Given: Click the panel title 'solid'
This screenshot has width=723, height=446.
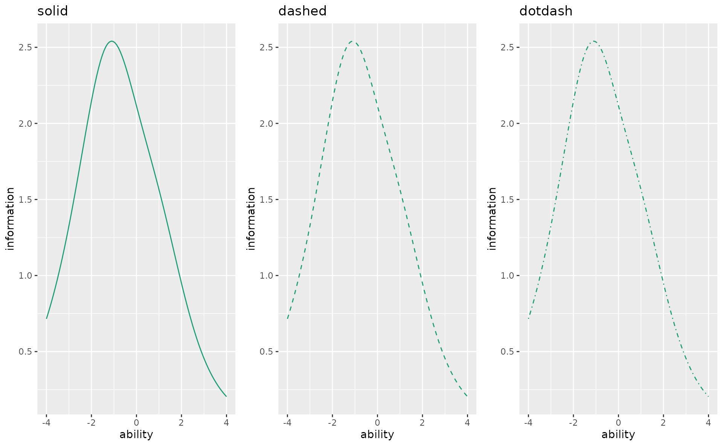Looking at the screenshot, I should click(53, 11).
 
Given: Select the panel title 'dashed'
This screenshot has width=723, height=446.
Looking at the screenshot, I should click(302, 11).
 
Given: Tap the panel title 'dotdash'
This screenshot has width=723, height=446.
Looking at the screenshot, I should click(546, 11).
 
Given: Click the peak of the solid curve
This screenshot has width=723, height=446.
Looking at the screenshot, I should click(112, 41).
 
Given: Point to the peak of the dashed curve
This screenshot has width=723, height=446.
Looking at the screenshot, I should click(353, 41).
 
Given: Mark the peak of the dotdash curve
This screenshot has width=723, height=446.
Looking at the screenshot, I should click(594, 41).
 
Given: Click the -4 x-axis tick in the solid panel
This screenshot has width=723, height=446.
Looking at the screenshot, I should click(46, 423).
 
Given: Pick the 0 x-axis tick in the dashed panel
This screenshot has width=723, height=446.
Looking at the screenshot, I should click(377, 423).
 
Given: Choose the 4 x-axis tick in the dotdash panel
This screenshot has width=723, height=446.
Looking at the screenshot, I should click(708, 423).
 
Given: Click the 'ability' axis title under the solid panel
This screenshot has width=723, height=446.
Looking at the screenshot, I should click(136, 435).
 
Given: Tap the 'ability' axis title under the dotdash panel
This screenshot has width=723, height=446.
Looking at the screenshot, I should click(618, 435).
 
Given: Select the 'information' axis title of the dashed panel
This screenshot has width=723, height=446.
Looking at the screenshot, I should click(251, 218).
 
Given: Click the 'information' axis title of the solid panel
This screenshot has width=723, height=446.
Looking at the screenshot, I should click(10, 218).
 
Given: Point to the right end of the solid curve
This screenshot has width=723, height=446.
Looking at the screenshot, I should click(226, 396).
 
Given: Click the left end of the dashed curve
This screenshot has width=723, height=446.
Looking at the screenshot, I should click(287, 319).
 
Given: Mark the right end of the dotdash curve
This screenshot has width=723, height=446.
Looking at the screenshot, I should click(708, 396).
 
